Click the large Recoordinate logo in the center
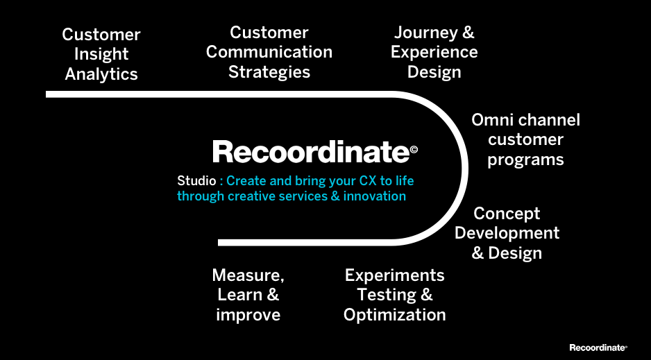coord(311,152)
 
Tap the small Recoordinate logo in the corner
coord(598,348)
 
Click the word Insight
coord(101,54)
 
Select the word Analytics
coord(101,74)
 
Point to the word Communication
coord(269,52)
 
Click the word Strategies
coord(269,72)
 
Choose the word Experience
coord(434,52)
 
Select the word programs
coord(525,160)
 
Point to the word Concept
coord(507,214)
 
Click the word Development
coord(507,233)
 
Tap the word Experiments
coord(394,275)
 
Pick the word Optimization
coord(394,315)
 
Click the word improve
coord(248,315)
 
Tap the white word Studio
coord(196,181)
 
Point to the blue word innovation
coord(374,196)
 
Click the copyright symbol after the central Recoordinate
coord(414,148)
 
